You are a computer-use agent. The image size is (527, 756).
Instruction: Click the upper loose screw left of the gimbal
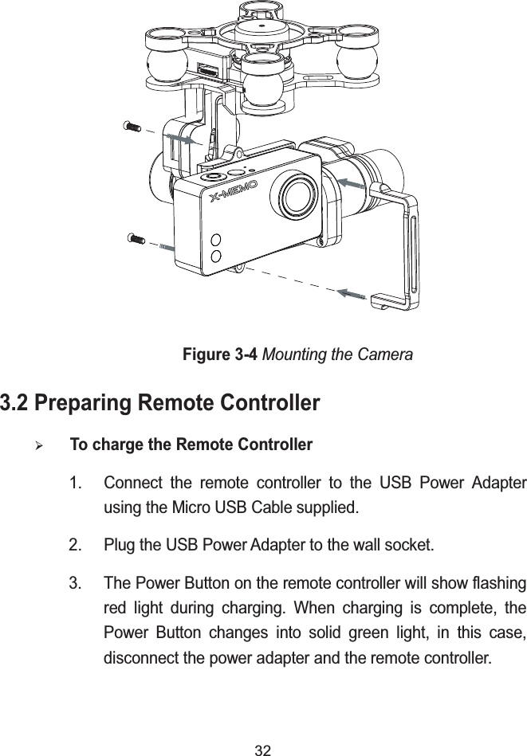(x=132, y=126)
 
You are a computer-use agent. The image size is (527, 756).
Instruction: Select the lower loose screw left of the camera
(x=136, y=238)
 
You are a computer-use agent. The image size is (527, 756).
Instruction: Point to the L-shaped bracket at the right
(x=403, y=248)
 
